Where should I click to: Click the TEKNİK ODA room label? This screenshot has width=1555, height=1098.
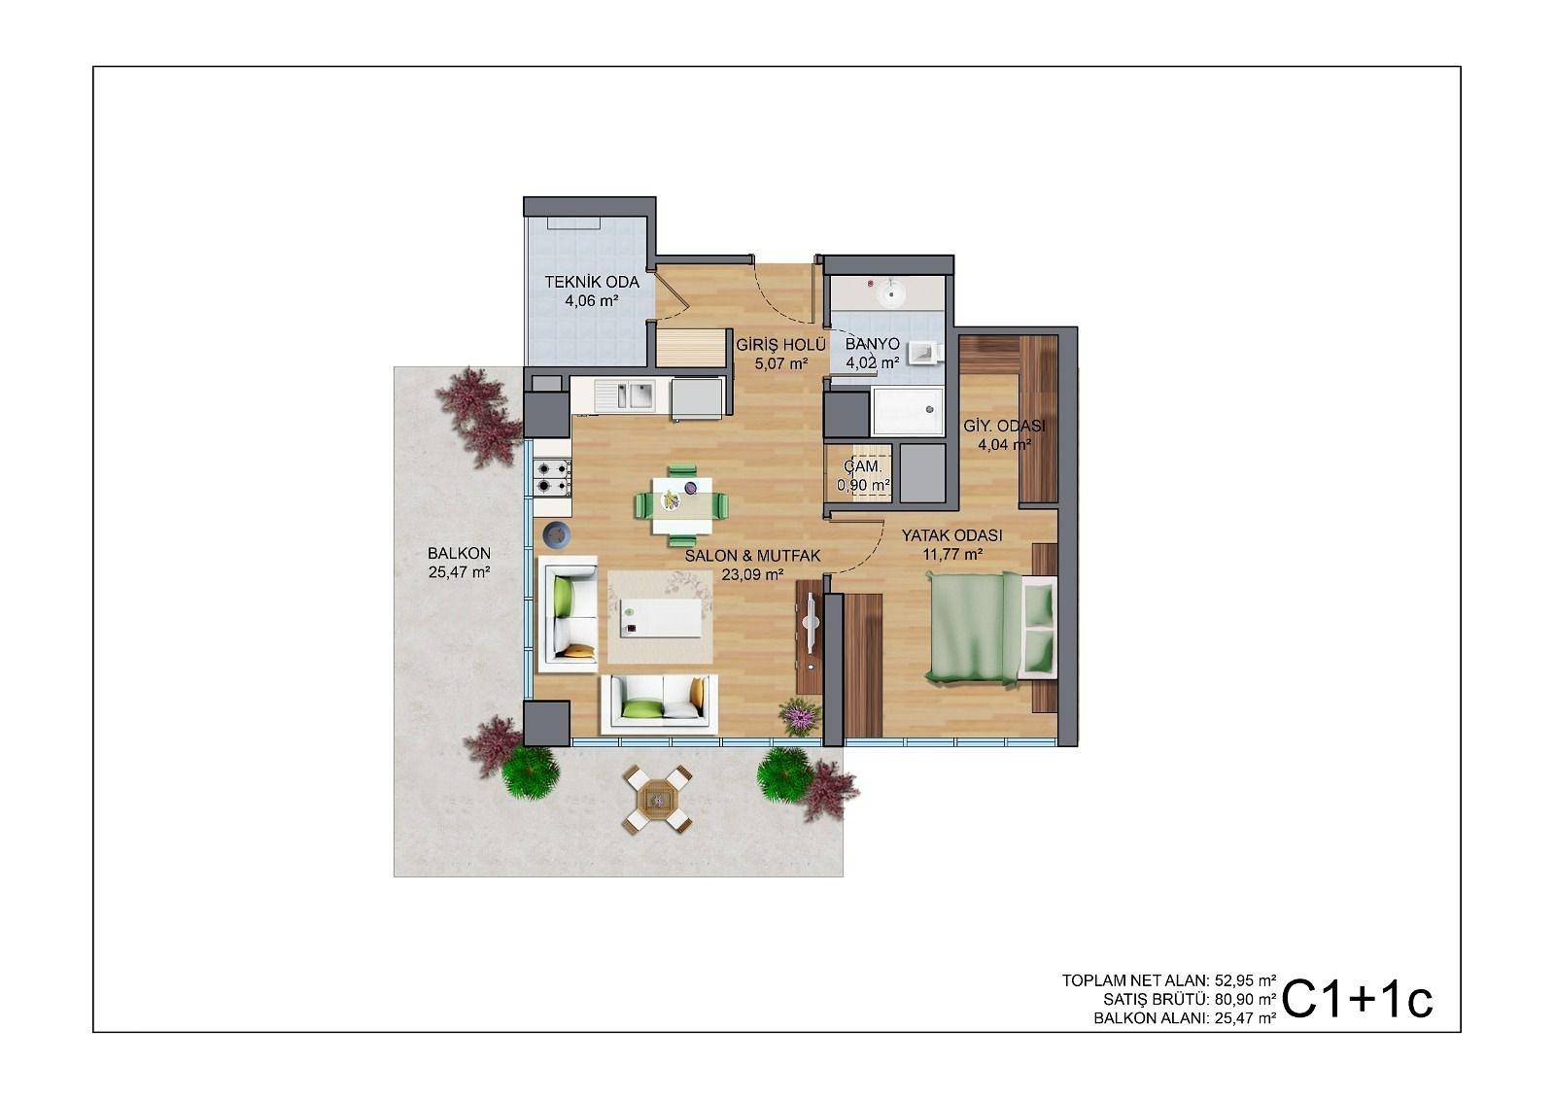pyautogui.click(x=592, y=283)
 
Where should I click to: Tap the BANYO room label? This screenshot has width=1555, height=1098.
pyautogui.click(x=872, y=344)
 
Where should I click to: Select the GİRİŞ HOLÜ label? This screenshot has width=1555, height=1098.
pyautogui.click(x=781, y=344)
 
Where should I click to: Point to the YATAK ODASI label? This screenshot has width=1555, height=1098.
pyautogui.click(x=951, y=535)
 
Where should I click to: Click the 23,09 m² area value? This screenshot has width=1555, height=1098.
pyautogui.click(x=752, y=574)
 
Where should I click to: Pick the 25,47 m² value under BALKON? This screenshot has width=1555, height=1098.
pyautogui.click(x=459, y=572)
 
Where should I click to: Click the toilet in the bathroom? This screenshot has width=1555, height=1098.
pyautogui.click(x=926, y=352)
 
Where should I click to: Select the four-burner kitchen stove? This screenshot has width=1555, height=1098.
pyautogui.click(x=552, y=477)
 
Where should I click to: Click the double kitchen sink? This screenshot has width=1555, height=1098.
pyautogui.click(x=624, y=396)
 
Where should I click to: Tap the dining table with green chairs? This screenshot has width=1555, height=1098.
pyautogui.click(x=681, y=505)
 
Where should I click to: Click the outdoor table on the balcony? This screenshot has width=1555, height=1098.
pyautogui.click(x=657, y=801)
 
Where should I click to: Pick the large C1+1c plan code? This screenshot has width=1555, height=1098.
pyautogui.click(x=1357, y=1000)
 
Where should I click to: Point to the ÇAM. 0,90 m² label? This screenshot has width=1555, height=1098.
pyautogui.click(x=864, y=475)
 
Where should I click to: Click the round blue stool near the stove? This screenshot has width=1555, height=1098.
pyautogui.click(x=556, y=535)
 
